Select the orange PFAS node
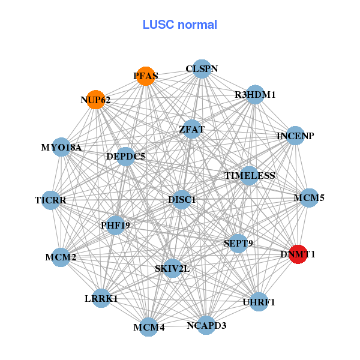[146, 76]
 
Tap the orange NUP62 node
[96, 100]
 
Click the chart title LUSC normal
[179, 25]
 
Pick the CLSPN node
[202, 68]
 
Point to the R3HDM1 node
[255, 95]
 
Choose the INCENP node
[295, 136]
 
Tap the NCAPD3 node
[206, 326]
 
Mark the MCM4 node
[149, 327]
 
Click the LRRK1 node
[101, 298]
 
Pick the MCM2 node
[61, 257]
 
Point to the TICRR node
[50, 200]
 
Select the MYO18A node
[61, 147]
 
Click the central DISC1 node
[182, 199]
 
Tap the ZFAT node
[192, 129]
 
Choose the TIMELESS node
[250, 176]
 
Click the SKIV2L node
[172, 268]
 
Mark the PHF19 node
[115, 226]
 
